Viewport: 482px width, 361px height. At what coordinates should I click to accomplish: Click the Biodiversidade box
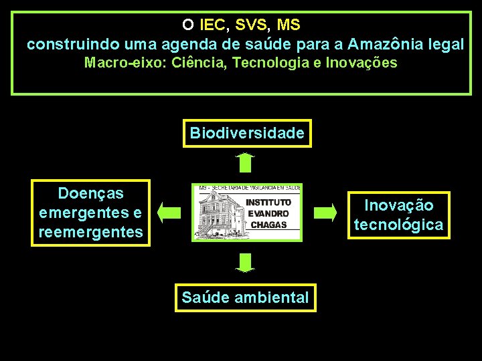click(247, 133)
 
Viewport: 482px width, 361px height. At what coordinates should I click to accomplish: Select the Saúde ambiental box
click(245, 297)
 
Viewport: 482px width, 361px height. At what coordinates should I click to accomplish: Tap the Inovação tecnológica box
click(398, 215)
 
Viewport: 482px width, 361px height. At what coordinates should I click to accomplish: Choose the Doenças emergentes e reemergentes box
click(91, 213)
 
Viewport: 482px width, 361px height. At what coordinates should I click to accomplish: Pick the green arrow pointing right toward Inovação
click(325, 213)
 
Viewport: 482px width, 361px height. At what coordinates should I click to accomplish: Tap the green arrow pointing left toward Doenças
click(169, 213)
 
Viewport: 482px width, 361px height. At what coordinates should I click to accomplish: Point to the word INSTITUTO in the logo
click(268, 202)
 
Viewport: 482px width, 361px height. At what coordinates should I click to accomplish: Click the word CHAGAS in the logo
click(268, 225)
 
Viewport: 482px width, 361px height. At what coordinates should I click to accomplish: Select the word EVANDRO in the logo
click(268, 213)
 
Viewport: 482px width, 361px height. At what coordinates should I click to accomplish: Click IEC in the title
click(212, 25)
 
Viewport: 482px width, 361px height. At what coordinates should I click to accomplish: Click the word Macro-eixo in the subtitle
click(125, 64)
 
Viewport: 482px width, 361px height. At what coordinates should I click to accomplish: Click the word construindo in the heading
click(64, 45)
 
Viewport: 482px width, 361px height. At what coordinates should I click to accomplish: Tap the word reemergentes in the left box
click(91, 232)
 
